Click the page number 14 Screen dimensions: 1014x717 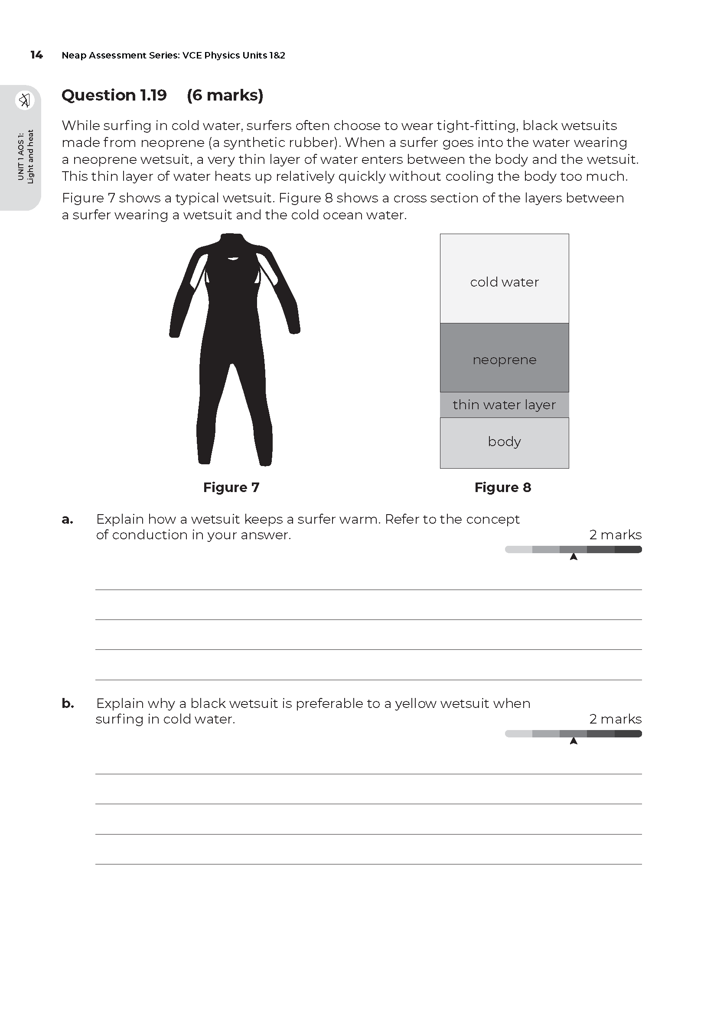[x=36, y=55]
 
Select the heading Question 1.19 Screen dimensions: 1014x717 [x=114, y=95]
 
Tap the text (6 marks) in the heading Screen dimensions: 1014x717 [x=225, y=95]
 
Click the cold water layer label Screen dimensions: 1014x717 [x=504, y=282]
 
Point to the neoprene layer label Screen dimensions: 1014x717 [x=504, y=360]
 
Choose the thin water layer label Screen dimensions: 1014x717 [x=504, y=404]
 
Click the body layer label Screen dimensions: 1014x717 [x=504, y=442]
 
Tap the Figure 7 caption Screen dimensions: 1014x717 [x=231, y=487]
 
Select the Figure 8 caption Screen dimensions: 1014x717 [x=502, y=487]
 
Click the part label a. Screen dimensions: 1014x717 [x=67, y=519]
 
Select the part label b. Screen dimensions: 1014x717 [x=68, y=704]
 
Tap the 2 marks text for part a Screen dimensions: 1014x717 [x=615, y=535]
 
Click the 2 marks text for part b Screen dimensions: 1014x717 [x=615, y=719]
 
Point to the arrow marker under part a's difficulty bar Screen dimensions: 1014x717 [x=574, y=557]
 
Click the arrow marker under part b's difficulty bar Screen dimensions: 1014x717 [x=574, y=741]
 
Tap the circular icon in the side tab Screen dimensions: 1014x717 [x=25, y=100]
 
